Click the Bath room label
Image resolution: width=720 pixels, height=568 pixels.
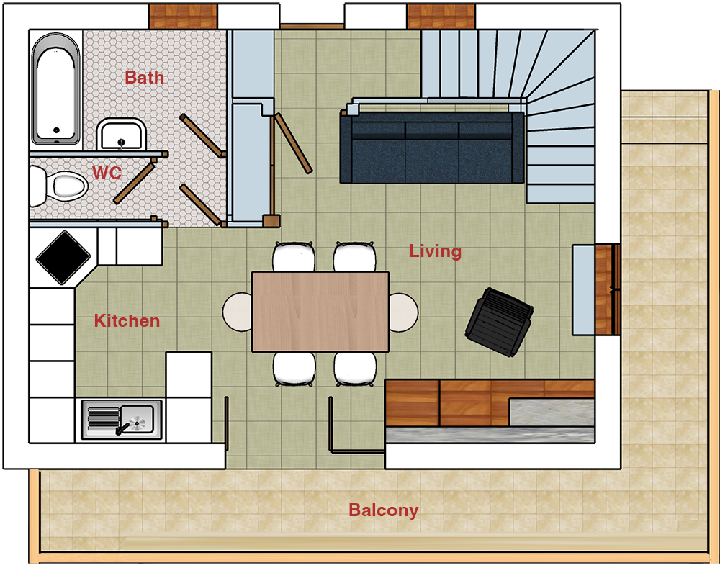pyautogui.click(x=144, y=77)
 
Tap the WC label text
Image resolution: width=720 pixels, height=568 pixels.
pyautogui.click(x=107, y=173)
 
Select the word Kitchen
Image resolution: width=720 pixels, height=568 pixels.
pyautogui.click(x=127, y=320)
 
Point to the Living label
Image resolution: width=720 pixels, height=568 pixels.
pyautogui.click(x=435, y=251)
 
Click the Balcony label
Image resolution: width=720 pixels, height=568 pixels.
pyautogui.click(x=384, y=510)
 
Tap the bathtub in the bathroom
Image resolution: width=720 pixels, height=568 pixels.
pyautogui.click(x=55, y=89)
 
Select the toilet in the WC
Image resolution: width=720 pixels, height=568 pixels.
pyautogui.click(x=59, y=186)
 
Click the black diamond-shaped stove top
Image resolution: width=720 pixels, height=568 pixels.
pyautogui.click(x=63, y=257)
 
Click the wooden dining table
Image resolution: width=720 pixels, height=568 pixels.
pyautogui.click(x=320, y=312)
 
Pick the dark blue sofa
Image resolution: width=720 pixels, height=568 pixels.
pyautogui.click(x=432, y=147)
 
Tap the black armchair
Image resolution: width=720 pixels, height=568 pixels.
pyautogui.click(x=499, y=321)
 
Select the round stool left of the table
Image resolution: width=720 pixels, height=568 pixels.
pyautogui.click(x=238, y=312)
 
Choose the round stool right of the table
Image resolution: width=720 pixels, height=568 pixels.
pyautogui.click(x=404, y=312)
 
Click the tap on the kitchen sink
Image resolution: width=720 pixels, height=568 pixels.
pyautogui.click(x=122, y=429)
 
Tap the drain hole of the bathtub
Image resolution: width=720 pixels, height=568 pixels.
pyautogui.click(x=56, y=130)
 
